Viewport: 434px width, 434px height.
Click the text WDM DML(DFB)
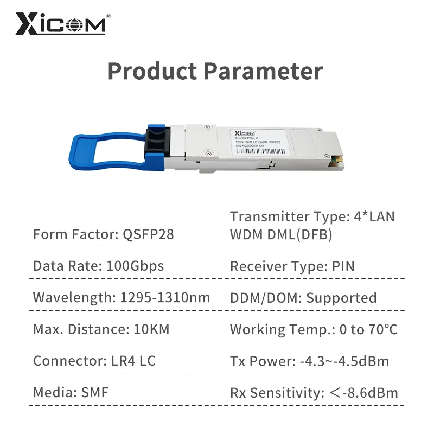click(x=281, y=235)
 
